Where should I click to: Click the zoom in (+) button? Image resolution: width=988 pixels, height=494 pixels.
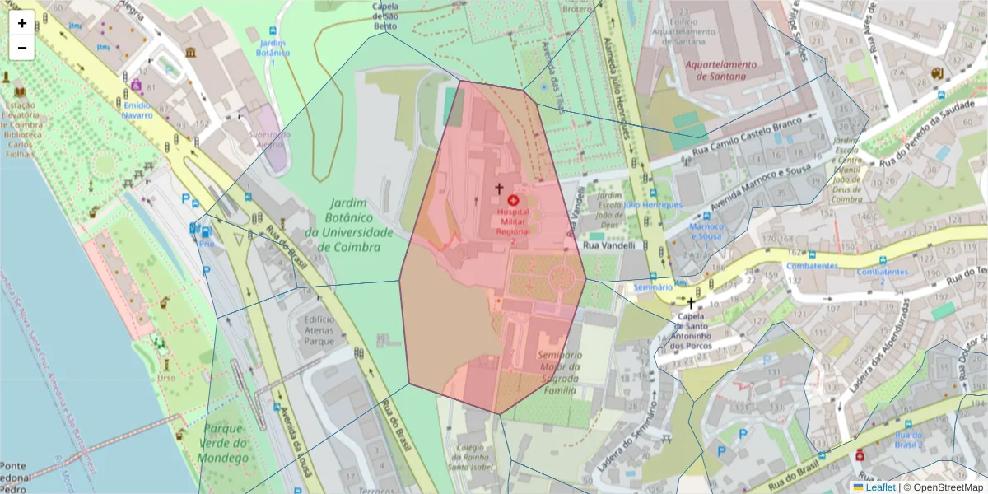[x=22, y=23]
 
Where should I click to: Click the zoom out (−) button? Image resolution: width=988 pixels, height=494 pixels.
[x=22, y=48]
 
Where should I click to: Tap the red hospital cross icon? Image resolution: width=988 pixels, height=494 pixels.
[x=513, y=200]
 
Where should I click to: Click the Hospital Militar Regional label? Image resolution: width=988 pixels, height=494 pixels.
[x=513, y=221]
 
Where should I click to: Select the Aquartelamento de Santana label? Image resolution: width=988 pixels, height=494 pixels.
[x=714, y=70]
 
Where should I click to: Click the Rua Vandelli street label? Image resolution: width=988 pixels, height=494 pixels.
[x=609, y=245]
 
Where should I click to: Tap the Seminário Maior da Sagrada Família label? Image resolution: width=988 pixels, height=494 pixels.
[x=559, y=371]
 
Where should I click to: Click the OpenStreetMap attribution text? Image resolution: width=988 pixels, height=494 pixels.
[x=943, y=487]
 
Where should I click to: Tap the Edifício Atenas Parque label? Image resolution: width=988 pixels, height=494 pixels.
[x=319, y=329]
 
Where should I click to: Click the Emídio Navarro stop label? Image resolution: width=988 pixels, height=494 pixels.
[x=137, y=110]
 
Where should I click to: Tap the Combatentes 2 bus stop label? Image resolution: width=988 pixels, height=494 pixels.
[x=882, y=276]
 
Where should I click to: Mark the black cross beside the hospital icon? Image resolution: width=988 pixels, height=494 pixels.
[x=498, y=189]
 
